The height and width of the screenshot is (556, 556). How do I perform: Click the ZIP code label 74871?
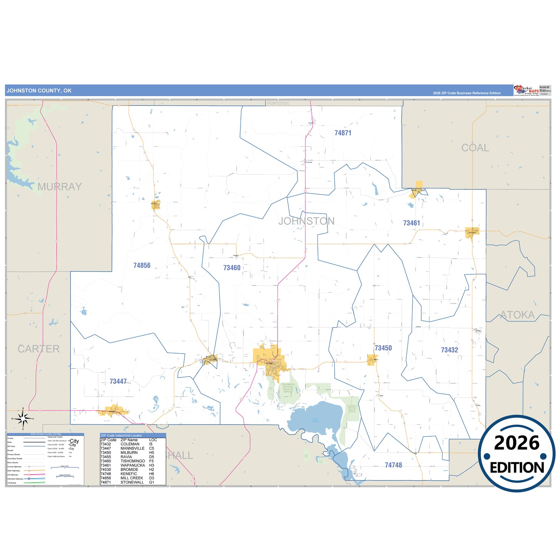point(342,133)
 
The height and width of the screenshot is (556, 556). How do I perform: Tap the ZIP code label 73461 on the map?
point(411,223)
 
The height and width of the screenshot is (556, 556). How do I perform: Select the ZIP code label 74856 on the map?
point(142,265)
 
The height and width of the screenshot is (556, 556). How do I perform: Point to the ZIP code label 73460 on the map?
point(232,268)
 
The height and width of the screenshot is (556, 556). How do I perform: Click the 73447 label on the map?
point(118,381)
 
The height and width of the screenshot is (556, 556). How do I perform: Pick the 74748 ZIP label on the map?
point(393,465)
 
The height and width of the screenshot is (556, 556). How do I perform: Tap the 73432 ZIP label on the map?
point(449,350)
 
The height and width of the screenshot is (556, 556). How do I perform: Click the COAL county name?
point(475,148)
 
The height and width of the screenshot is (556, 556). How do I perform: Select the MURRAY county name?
point(60,187)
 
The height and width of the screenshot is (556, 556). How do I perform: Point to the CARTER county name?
point(38,349)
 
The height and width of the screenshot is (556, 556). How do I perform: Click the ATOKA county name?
point(517,315)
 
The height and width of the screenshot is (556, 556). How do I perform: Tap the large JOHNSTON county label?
point(306,221)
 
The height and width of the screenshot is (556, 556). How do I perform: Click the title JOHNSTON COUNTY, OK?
point(39,91)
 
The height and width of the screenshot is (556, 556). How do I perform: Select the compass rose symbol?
point(23,418)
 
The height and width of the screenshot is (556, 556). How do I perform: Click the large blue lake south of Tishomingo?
point(316,417)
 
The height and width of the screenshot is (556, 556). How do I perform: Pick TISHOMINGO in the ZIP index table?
point(133,461)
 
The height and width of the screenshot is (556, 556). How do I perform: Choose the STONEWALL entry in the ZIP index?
point(132,482)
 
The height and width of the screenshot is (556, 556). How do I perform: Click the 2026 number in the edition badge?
point(517,443)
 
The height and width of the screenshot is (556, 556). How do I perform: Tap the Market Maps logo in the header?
point(527,90)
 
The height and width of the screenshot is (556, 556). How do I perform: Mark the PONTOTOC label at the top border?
point(278,104)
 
